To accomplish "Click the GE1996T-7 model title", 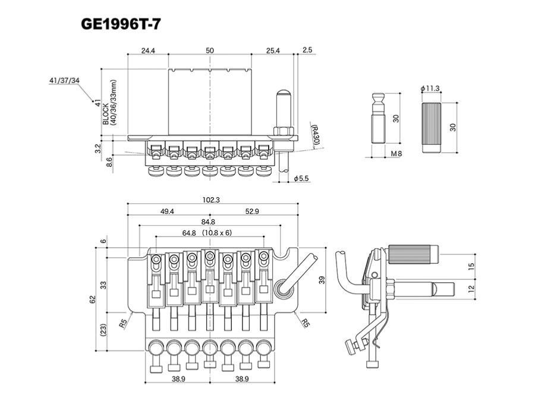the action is [121, 24].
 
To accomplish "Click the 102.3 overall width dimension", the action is [211, 200].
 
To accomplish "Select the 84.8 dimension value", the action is [208, 222].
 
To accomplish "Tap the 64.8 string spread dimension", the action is [189, 233].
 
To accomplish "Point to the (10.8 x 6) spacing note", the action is [217, 233].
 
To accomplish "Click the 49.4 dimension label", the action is [167, 211].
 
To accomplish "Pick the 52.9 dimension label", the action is [252, 211].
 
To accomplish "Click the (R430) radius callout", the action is [314, 135].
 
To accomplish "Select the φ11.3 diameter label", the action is [430, 89].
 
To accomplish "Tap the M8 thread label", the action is [396, 153].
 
